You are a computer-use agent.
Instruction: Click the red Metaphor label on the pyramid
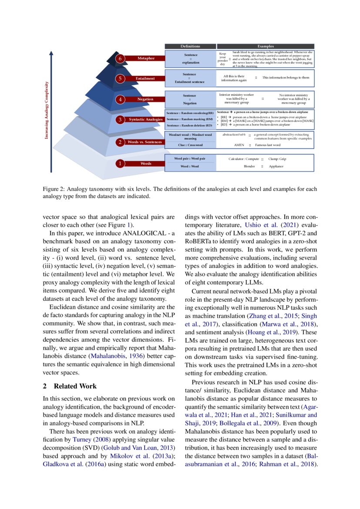point(146,58)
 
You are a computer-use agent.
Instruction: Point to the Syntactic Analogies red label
point(145,119)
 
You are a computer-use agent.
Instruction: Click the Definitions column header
point(190,46)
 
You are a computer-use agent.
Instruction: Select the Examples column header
point(266,46)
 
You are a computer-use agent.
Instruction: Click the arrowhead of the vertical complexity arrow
point(51,53)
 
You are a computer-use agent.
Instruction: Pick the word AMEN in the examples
point(239,145)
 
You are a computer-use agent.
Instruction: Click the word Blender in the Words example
point(249,166)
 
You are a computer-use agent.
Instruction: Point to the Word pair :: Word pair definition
point(190,159)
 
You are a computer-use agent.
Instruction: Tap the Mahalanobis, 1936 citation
point(114,356)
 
